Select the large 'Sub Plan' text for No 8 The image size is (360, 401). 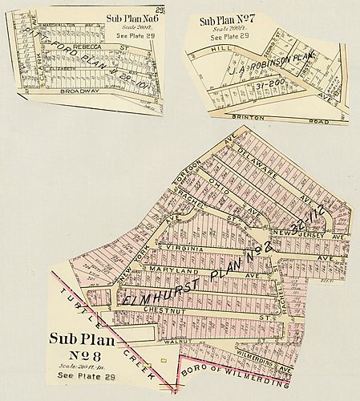click(x=82, y=339)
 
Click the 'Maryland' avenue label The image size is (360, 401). click(x=172, y=273)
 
